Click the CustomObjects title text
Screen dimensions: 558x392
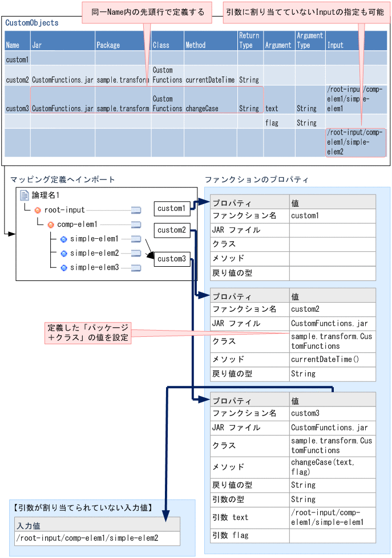point(32,23)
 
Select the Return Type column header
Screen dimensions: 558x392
point(249,40)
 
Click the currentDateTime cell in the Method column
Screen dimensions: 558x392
point(210,80)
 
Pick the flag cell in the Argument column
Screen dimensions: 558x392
point(272,123)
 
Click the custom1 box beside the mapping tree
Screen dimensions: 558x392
point(171,209)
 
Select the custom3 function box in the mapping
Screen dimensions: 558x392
point(172,259)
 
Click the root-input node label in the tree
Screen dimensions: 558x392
point(64,210)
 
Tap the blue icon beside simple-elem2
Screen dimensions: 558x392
point(64,253)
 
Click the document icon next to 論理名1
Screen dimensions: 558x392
point(25,195)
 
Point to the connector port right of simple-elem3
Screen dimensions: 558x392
point(136,268)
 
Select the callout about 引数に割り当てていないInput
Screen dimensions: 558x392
point(304,12)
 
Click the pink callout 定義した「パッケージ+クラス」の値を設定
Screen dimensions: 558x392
point(88,333)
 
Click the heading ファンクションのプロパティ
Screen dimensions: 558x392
point(256,180)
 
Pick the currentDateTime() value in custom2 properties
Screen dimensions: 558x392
point(325,360)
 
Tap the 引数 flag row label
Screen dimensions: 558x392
point(231,536)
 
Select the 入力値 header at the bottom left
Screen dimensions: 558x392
point(28,526)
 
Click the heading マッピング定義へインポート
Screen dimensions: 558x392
point(63,180)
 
